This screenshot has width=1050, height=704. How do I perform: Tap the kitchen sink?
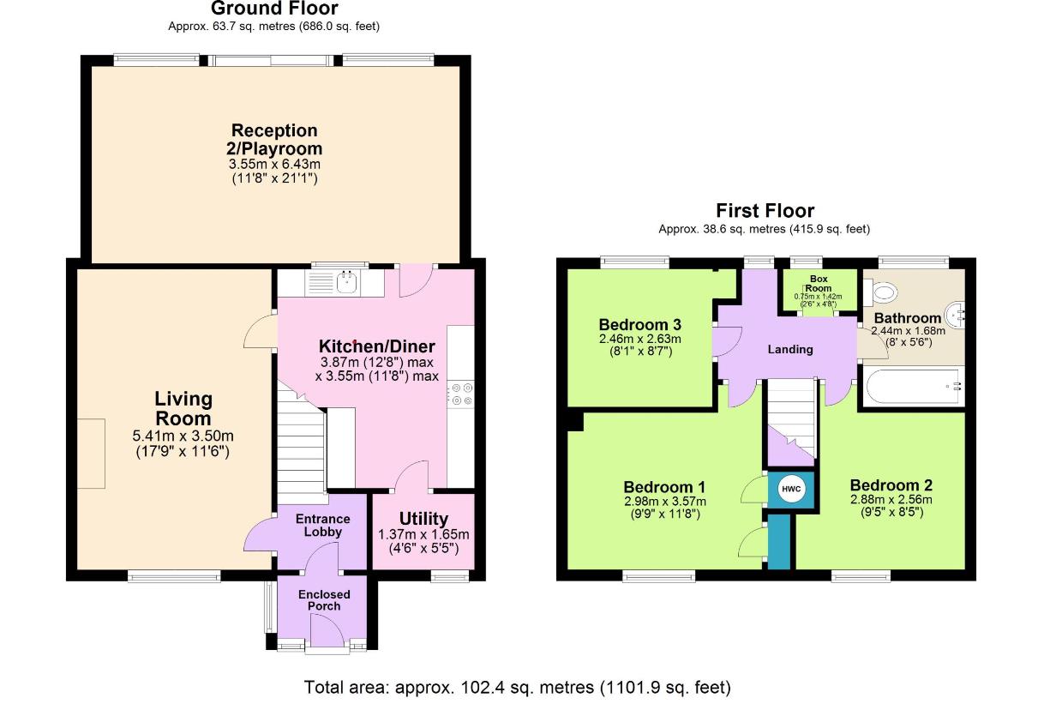[347, 281]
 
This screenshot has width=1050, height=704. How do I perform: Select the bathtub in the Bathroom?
[912, 387]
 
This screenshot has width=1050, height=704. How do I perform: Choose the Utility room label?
[423, 519]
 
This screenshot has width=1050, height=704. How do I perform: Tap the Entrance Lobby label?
[323, 525]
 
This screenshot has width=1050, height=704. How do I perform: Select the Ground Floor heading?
[273, 9]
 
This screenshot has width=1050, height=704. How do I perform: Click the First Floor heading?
[765, 211]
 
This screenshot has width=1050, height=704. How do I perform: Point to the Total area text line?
[518, 687]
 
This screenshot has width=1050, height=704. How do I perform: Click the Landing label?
[790, 349]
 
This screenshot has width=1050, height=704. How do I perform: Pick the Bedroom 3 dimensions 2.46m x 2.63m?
[640, 340]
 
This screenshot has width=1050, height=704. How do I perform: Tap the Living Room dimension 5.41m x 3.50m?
[183, 436]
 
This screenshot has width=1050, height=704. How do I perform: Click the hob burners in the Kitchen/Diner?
[462, 394]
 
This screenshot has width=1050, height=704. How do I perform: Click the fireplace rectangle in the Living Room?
[91, 454]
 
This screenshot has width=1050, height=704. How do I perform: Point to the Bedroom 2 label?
[891, 485]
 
